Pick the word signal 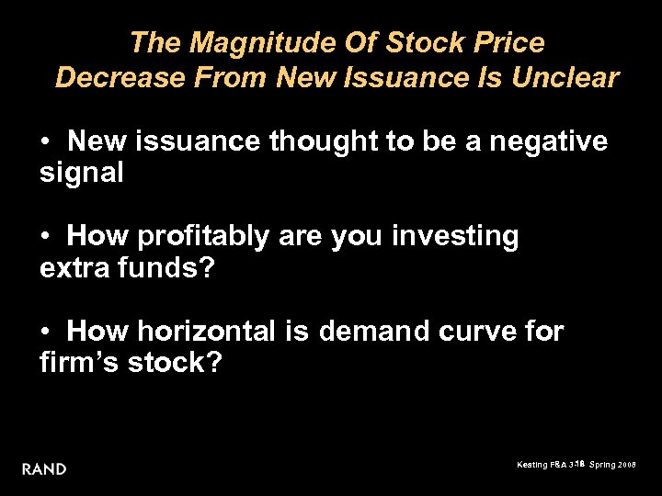(82, 174)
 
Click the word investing (455, 237)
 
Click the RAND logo (44, 468)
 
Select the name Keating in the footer (531, 466)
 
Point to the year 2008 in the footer (628, 466)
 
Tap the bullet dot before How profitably (45, 238)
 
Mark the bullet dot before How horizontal (45, 333)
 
